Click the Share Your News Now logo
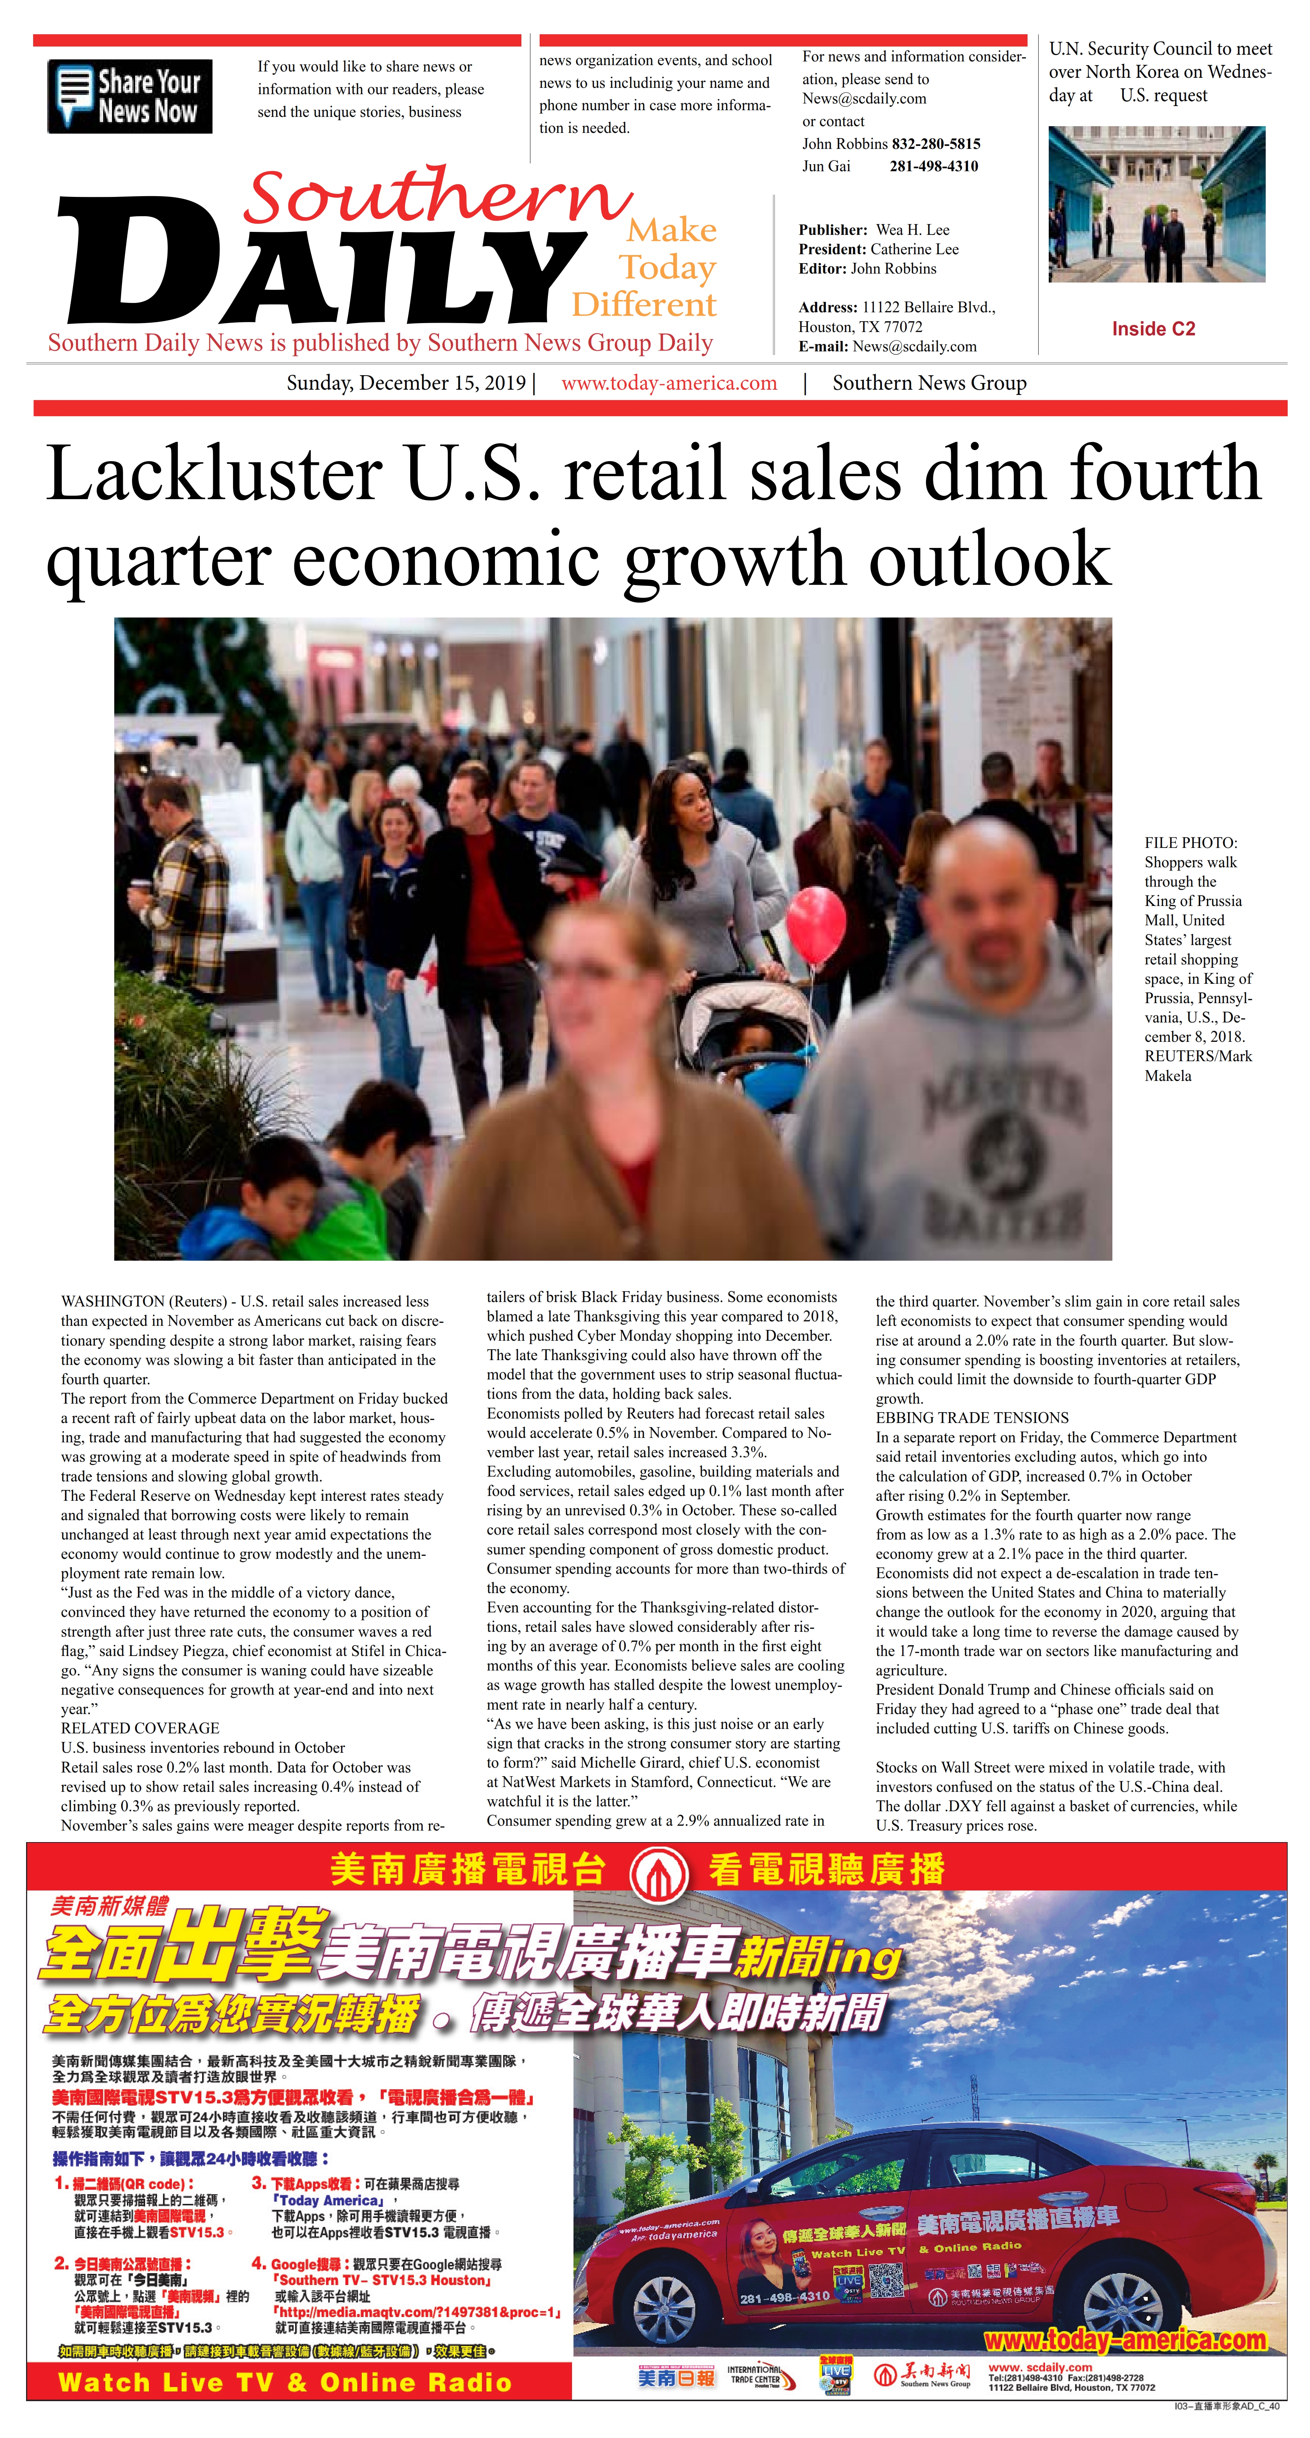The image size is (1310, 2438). point(130,96)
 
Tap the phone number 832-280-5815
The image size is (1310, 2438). point(935,144)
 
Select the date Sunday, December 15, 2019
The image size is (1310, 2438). point(406,383)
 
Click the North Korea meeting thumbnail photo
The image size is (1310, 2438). point(1156,204)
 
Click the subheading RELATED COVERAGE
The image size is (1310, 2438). point(140,1728)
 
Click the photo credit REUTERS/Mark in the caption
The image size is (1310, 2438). point(1197,1056)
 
